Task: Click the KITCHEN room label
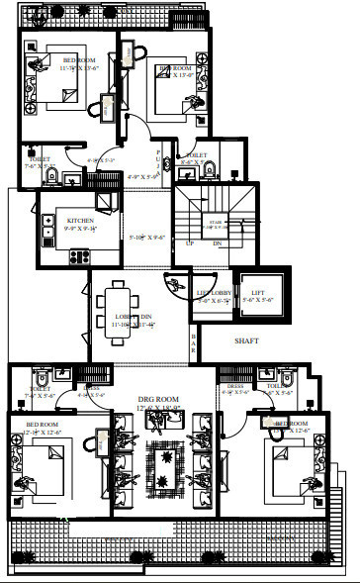80,220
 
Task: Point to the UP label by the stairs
189,243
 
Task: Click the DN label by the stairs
217,243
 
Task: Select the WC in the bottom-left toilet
39,379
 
